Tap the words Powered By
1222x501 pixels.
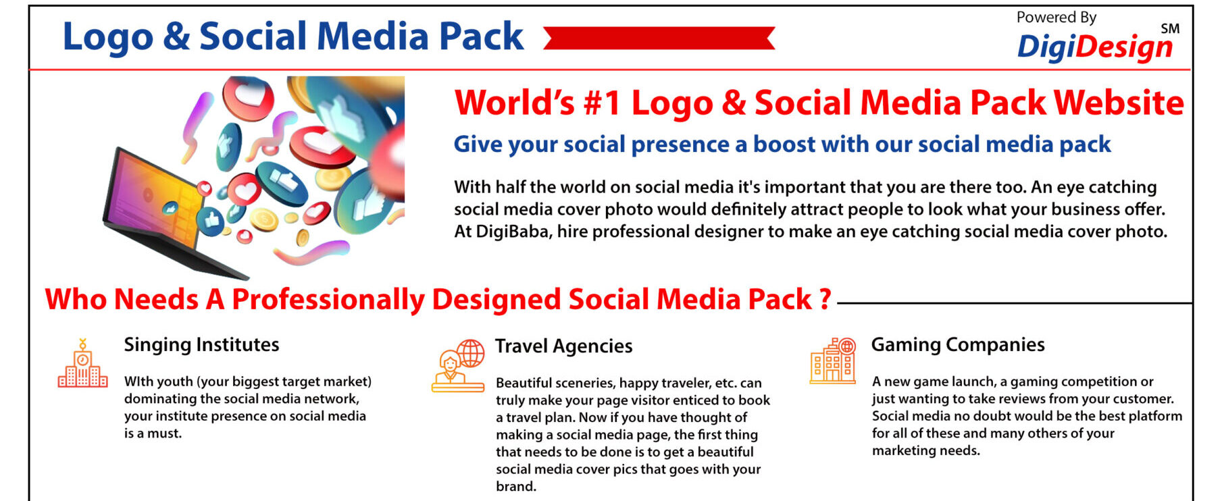tap(1056, 18)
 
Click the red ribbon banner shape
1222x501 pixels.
tap(659, 38)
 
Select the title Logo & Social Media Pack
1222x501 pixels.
tap(293, 36)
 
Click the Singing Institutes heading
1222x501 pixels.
tap(201, 345)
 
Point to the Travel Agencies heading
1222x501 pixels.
tap(563, 346)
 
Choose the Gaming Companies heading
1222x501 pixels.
tap(958, 345)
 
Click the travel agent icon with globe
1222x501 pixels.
tap(459, 365)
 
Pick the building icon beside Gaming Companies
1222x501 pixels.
tap(833, 361)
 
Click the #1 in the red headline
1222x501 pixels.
tap(602, 103)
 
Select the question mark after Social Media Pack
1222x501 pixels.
tap(825, 299)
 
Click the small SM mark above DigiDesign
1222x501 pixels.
tap(1170, 29)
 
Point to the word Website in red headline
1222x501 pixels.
tap(1119, 103)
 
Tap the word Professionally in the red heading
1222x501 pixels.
tap(328, 300)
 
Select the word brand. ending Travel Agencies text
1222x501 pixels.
tap(516, 486)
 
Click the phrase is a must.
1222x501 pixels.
tap(153, 433)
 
